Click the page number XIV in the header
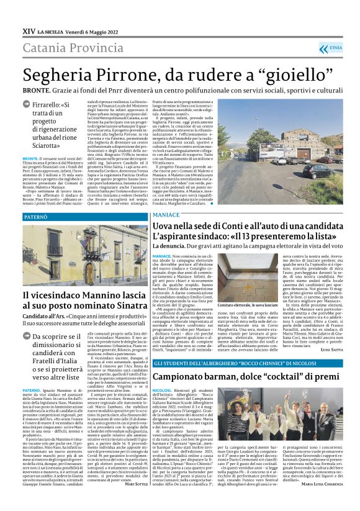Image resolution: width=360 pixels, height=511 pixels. [28, 30]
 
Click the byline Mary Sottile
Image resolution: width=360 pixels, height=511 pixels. [136, 500]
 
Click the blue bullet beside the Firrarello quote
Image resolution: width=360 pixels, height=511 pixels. [27, 106]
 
